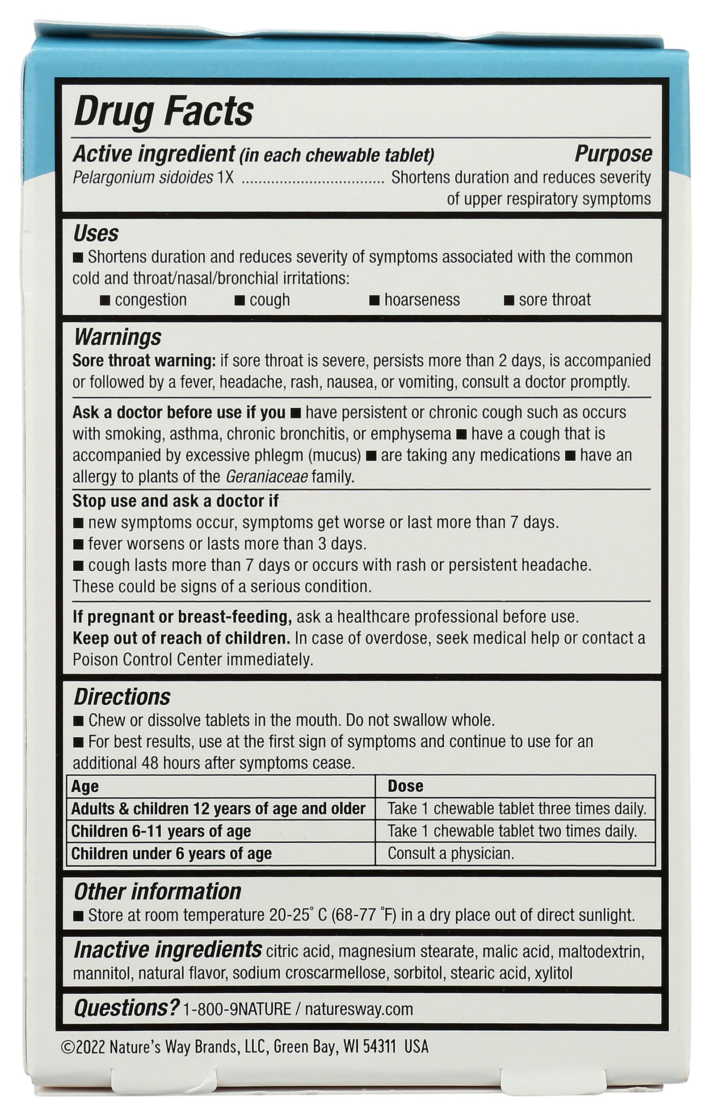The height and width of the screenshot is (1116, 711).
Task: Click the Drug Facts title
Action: tap(163, 112)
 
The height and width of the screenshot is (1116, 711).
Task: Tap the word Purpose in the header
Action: tap(613, 155)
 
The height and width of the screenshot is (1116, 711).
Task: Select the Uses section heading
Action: tap(96, 234)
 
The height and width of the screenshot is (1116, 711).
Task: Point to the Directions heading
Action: tap(122, 697)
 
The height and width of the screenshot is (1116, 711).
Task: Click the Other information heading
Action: tap(158, 891)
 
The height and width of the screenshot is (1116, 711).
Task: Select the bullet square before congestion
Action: tap(105, 300)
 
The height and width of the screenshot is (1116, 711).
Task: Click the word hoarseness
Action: tap(421, 300)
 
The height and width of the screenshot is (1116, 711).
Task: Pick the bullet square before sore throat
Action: tap(509, 300)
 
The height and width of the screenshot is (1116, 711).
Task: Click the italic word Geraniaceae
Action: tap(264, 477)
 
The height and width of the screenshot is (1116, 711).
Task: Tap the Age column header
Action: tap(85, 786)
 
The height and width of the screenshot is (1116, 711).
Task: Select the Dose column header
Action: tap(405, 786)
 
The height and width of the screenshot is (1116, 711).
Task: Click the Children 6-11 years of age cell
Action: tap(161, 831)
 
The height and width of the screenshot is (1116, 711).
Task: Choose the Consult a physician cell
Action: tap(450, 853)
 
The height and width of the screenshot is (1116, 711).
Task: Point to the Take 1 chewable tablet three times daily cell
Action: tap(517, 809)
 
